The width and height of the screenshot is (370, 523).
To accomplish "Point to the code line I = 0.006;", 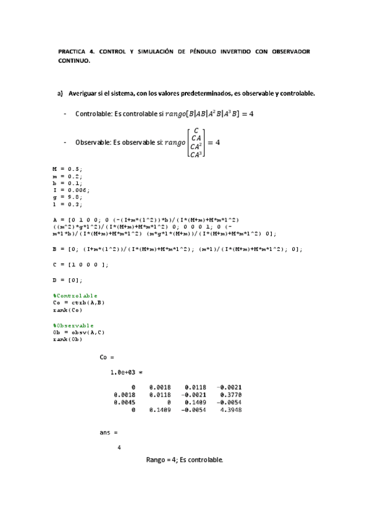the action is pyautogui.click(x=71, y=191).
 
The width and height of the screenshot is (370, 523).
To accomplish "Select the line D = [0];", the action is pyautogui.click(x=67, y=279).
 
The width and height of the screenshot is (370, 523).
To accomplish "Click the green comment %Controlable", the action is pyautogui.click(x=75, y=295).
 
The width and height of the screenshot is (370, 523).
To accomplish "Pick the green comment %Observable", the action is pyautogui.click(x=74, y=325).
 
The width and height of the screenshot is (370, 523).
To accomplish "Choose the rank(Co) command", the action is pyautogui.click(x=68, y=310).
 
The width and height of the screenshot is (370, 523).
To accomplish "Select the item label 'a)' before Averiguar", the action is pyautogui.click(x=61, y=94).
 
